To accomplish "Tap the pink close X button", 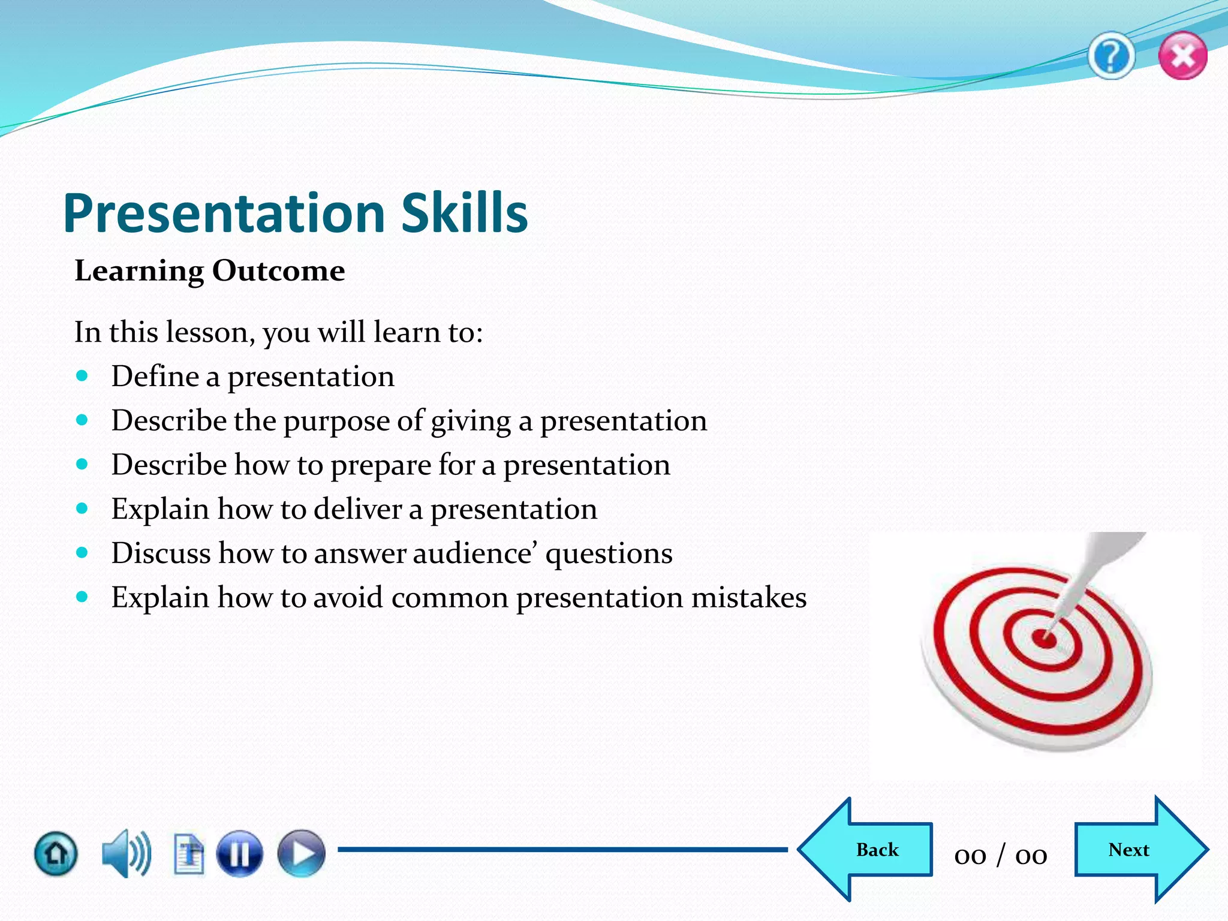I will pyautogui.click(x=1182, y=56).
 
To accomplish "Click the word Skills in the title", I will pyautogui.click(x=464, y=213).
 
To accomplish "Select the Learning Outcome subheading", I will pyautogui.click(x=209, y=271).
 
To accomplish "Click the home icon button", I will pyautogui.click(x=56, y=853).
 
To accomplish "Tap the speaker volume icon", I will pyautogui.click(x=125, y=853).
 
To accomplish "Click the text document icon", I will pyautogui.click(x=189, y=853).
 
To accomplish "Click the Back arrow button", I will pyautogui.click(x=869, y=850).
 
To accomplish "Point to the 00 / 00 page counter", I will pyautogui.click(x=1001, y=854).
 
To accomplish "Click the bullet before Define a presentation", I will pyautogui.click(x=82, y=377).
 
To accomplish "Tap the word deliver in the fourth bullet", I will pyautogui.click(x=357, y=509).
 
